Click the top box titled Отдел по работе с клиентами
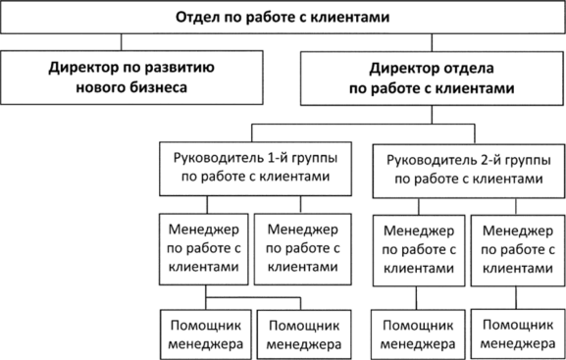tap(283, 18)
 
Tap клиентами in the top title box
tap(348, 18)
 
